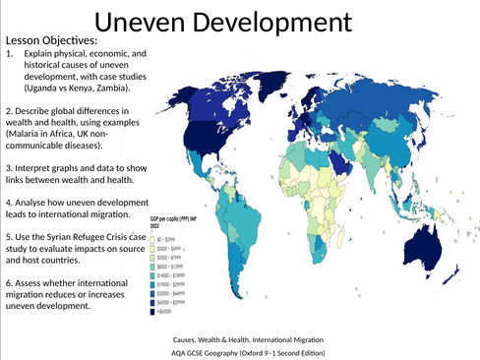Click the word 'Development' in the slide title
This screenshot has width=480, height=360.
pos(270,21)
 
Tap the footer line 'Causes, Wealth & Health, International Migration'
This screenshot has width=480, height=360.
pos(240,336)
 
